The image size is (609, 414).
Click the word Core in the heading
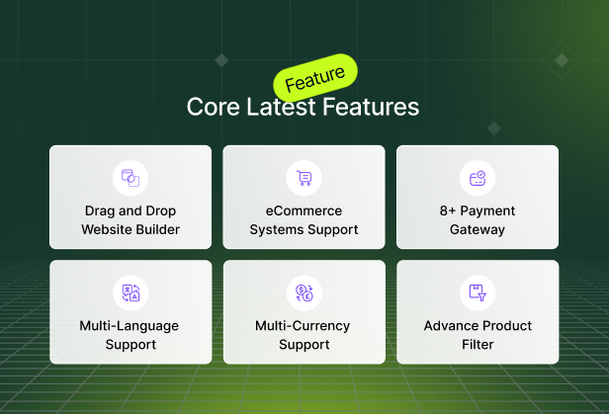209,107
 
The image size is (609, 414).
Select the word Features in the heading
370,107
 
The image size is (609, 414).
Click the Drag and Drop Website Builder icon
130,178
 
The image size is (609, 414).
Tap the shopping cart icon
304,178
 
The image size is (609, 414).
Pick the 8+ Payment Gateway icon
478,178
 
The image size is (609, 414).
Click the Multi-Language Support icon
130,292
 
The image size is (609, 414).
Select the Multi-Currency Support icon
304,292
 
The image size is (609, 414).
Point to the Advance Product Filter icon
478,292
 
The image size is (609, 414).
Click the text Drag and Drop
130,211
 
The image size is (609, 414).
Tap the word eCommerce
304,211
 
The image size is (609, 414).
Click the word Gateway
478,230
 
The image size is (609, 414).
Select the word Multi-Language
130,326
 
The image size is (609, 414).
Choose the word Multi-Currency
304,326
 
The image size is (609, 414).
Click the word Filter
478,345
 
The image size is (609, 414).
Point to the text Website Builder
130,230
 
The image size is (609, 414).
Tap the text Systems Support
304,230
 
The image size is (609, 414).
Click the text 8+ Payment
478,211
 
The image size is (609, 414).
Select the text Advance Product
478,326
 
